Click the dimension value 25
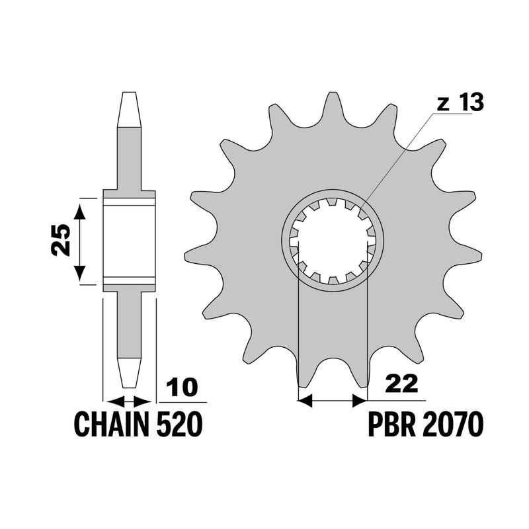(x=61, y=240)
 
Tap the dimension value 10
(x=183, y=387)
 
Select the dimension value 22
(x=403, y=384)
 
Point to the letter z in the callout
(x=443, y=104)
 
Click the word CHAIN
(x=111, y=424)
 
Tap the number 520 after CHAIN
(x=179, y=424)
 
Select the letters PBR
(x=391, y=424)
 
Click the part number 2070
(x=452, y=424)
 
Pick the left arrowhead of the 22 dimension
(x=305, y=401)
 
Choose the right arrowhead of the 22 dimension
(x=360, y=401)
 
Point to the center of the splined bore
(x=333, y=240)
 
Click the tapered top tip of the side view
(x=129, y=109)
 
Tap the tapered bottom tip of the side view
(x=129, y=372)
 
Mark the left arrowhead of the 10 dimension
(x=115, y=402)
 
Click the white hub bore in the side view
(x=129, y=241)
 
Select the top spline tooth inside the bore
(x=333, y=202)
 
